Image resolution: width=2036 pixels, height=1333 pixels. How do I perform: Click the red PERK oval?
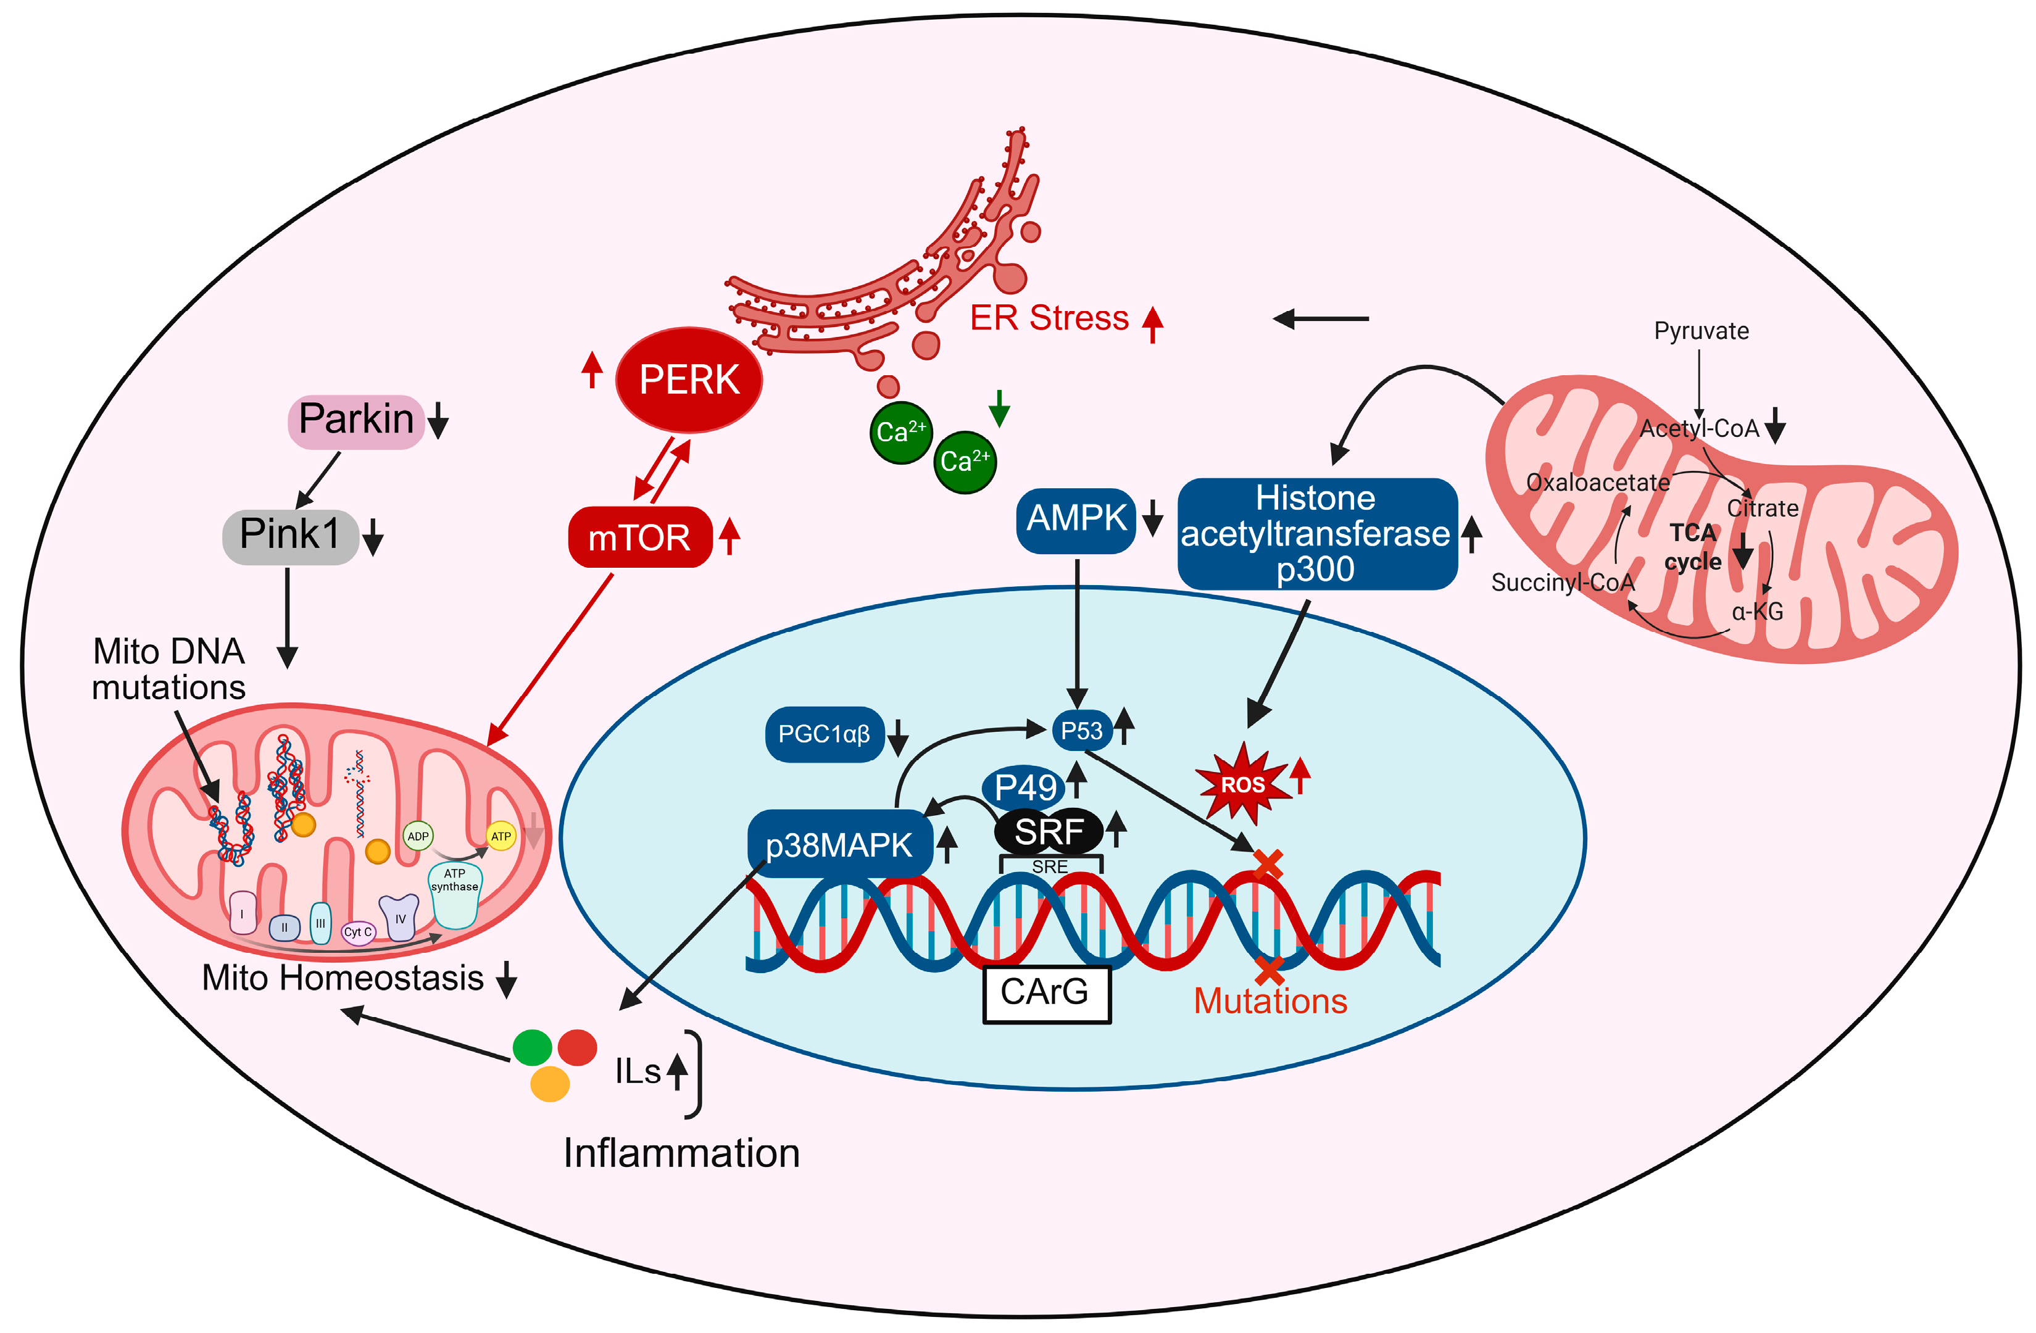pos(689,380)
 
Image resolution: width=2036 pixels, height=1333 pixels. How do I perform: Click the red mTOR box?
pos(640,538)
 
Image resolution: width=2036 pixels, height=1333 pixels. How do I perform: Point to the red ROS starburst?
pos(1242,784)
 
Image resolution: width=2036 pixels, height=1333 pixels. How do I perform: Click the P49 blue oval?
pos(1024,787)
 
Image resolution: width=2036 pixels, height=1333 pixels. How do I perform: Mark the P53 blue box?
pos(1081,731)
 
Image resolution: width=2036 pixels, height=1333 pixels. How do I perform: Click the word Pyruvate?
pos(1701,331)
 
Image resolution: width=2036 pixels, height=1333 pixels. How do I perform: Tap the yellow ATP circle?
pos(501,836)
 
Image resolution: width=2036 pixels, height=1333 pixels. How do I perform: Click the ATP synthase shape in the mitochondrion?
pos(454,895)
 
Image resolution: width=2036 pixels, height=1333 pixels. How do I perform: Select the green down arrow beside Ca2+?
pos(999,409)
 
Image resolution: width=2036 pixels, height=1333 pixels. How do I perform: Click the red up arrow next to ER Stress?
pos(1152,323)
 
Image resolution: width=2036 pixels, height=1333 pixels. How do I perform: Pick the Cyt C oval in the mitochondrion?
pos(357,932)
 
